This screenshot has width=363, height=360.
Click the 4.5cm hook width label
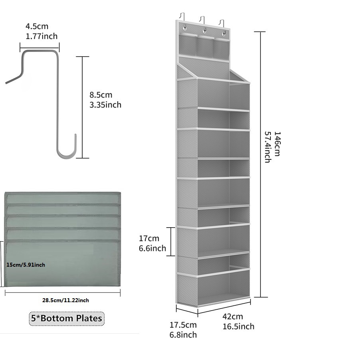pyautogui.click(x=37, y=27)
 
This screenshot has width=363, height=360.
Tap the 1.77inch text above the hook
pyautogui.click(x=39, y=36)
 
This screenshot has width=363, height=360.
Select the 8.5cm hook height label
pyautogui.click(x=101, y=95)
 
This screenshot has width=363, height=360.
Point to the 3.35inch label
pyautogui.click(x=105, y=105)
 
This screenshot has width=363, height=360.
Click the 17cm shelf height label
pyautogui.click(x=149, y=238)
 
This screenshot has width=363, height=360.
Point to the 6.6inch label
pyautogui.click(x=152, y=248)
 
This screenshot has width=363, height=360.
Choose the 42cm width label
pyautogui.click(x=233, y=317)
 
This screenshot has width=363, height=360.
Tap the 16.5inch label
pyautogui.click(x=238, y=327)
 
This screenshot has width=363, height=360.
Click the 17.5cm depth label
pyautogui.click(x=183, y=325)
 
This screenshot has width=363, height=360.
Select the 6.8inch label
pyautogui.click(x=183, y=335)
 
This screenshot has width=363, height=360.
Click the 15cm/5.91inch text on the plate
pyautogui.click(x=26, y=264)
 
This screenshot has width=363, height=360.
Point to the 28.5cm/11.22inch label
pyautogui.click(x=65, y=300)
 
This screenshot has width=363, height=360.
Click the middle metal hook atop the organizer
pyautogui.click(x=203, y=20)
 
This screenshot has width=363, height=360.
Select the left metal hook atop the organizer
pyautogui.click(x=182, y=18)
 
